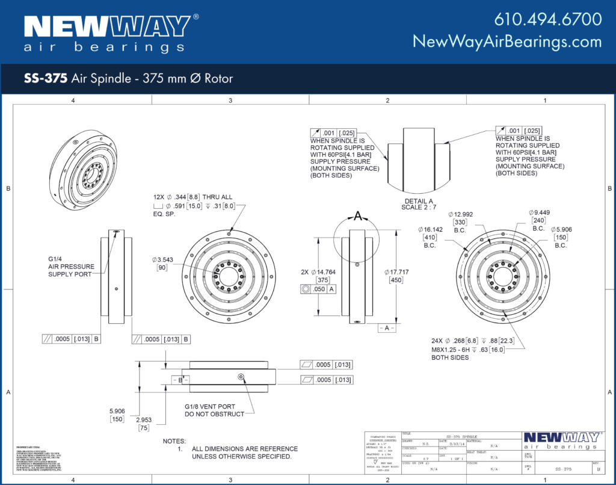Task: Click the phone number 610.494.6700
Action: click(547, 19)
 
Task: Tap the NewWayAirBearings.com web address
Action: click(507, 42)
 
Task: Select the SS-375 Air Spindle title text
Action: click(128, 78)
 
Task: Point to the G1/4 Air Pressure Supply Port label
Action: click(70, 267)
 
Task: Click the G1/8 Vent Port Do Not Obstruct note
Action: click(214, 410)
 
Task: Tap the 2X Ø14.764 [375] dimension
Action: click(315, 276)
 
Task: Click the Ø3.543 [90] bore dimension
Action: click(162, 263)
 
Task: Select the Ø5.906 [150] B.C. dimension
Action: click(560, 237)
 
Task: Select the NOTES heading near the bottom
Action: click(174, 441)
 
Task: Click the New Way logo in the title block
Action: click(561, 440)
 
